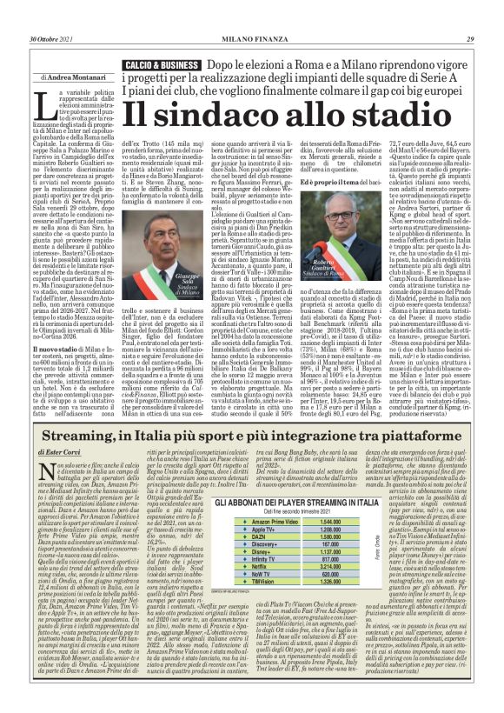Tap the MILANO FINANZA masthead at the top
[251, 15]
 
